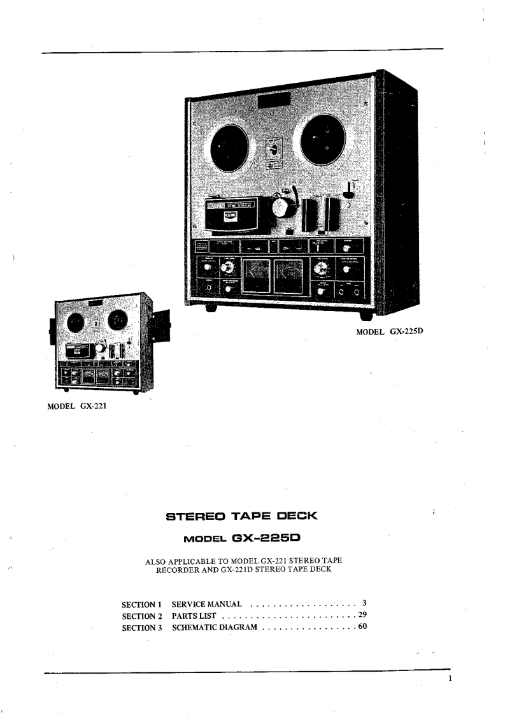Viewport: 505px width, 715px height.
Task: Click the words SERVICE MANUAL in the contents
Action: click(x=206, y=603)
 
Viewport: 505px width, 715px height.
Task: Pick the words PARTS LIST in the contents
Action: click(x=195, y=616)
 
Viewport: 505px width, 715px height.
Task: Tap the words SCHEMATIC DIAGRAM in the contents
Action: click(x=215, y=628)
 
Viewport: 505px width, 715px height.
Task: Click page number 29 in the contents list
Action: click(x=362, y=615)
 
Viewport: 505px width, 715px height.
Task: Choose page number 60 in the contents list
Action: click(x=362, y=627)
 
